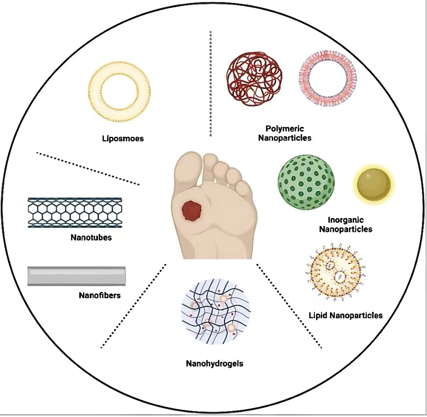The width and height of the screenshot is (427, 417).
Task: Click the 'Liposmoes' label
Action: (x=123, y=139)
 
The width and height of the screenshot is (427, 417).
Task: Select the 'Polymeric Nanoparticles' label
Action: (x=288, y=133)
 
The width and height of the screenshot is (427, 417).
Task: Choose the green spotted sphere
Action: (x=306, y=182)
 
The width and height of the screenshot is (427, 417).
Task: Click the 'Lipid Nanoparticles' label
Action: (x=346, y=315)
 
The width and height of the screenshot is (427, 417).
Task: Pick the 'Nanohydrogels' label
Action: (x=215, y=364)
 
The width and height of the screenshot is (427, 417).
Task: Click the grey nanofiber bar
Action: (x=77, y=276)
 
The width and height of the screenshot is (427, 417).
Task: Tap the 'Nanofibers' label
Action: (x=99, y=295)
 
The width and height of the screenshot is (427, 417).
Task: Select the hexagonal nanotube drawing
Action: (x=75, y=212)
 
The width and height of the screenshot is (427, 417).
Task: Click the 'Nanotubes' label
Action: (x=91, y=238)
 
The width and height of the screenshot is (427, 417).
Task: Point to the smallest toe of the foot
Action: (x=243, y=187)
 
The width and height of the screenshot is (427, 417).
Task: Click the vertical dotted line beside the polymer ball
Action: (x=211, y=84)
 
